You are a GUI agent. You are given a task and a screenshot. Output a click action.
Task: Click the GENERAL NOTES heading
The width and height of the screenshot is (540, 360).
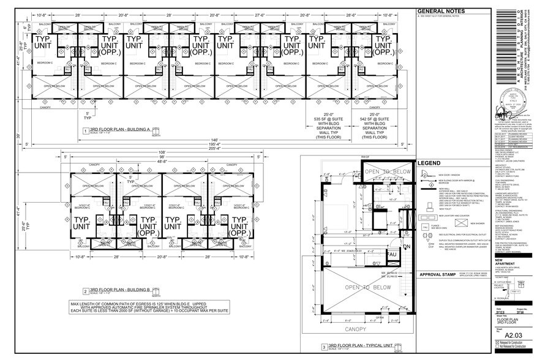(x=441, y=11)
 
